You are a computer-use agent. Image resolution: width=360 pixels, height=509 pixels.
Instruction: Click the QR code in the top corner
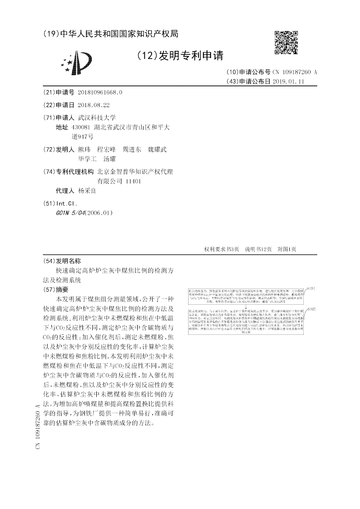tap(286, 43)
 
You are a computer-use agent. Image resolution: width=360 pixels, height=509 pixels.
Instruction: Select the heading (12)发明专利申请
tap(180, 56)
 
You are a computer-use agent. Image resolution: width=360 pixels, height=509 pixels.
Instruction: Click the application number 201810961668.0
tap(100, 92)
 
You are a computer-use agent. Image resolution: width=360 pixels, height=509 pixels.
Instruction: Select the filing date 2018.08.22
tap(94, 105)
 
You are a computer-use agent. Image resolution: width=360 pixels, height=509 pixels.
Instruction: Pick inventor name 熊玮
tap(84, 149)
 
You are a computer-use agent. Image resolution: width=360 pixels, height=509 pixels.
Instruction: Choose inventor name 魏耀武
tap(157, 149)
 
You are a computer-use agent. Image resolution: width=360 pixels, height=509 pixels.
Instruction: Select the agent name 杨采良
tap(87, 191)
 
